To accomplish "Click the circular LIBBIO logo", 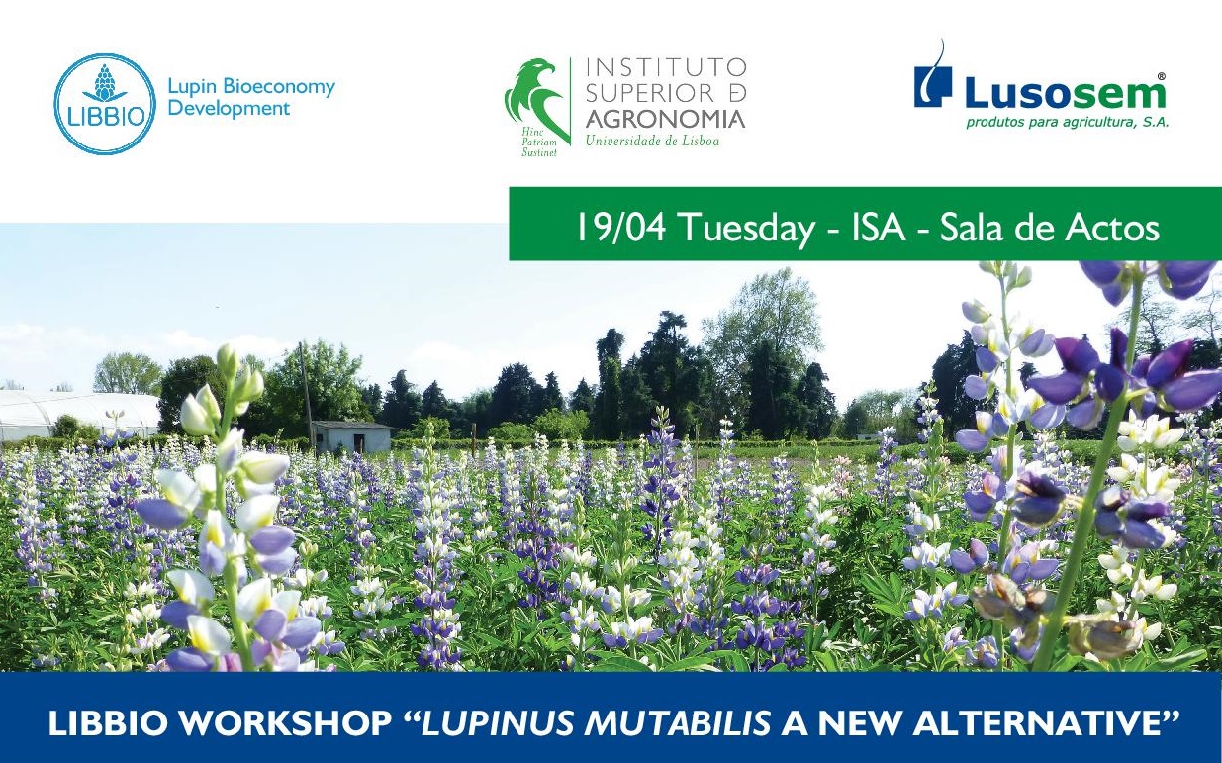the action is pyautogui.click(x=104, y=104).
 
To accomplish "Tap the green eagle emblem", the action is pyautogui.click(x=534, y=98).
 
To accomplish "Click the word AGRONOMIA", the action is pyautogui.click(x=665, y=119).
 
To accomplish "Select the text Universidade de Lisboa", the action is pyautogui.click(x=652, y=141).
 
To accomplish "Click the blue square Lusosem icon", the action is pyautogui.click(x=933, y=85).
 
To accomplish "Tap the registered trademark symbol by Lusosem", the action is pyautogui.click(x=1160, y=77).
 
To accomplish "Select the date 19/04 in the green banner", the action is pyautogui.click(x=620, y=227).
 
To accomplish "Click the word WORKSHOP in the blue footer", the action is pyautogui.click(x=285, y=722).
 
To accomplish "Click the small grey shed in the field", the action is pyautogui.click(x=352, y=436).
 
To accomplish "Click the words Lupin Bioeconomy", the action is pyautogui.click(x=251, y=88).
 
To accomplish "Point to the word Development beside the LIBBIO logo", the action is pyautogui.click(x=229, y=109).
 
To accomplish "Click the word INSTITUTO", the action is pyautogui.click(x=666, y=67).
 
